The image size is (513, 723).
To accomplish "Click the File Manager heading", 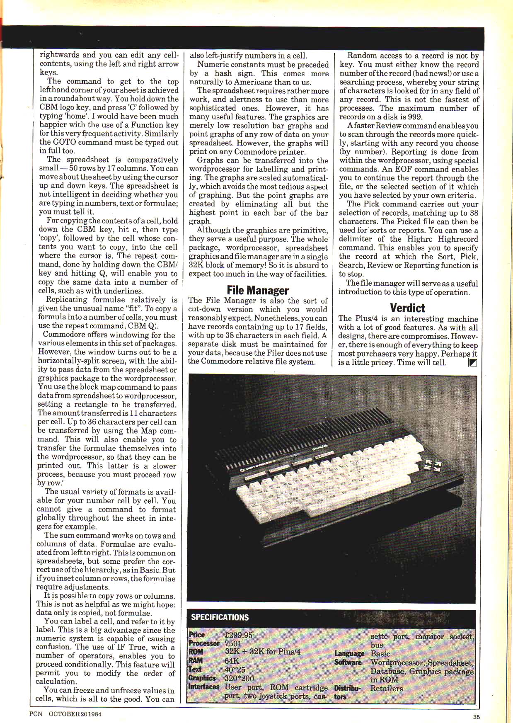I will (x=258, y=290).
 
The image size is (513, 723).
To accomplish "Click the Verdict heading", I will (x=407, y=308).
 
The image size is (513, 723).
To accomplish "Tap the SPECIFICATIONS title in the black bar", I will (x=220, y=617).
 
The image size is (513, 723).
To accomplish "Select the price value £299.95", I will (x=238, y=635).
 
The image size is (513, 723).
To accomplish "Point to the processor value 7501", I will (x=233, y=643).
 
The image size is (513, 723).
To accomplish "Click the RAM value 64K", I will (x=232, y=661).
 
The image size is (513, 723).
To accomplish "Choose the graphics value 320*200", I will (x=239, y=678).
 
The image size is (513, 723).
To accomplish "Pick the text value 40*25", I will (x=235, y=670).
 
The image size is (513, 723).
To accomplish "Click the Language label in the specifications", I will (x=349, y=654).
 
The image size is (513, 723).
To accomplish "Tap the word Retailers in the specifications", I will (x=386, y=689).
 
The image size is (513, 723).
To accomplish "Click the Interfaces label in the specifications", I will (x=203, y=687).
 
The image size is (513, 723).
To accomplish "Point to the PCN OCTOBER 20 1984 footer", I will (x=65, y=714).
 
